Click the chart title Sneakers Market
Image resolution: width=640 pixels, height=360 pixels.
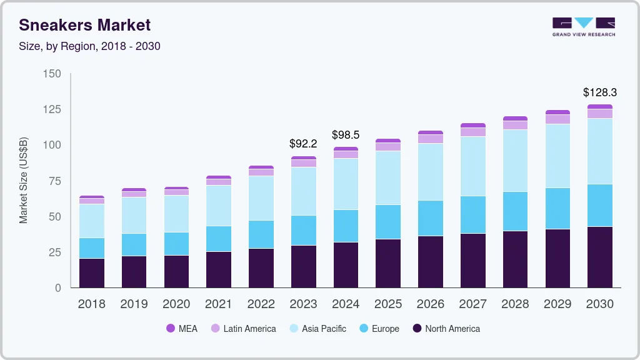[x=84, y=25]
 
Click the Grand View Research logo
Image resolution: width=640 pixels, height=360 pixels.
[x=583, y=26]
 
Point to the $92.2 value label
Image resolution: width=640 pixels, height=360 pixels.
[x=303, y=144]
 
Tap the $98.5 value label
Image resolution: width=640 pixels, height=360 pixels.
[x=346, y=135]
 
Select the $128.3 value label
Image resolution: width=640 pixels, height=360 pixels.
[x=599, y=92]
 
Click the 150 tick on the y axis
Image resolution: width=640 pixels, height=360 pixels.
[x=52, y=74]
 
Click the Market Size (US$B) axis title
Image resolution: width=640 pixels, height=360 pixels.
[x=23, y=181]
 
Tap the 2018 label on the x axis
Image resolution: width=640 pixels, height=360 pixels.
[x=91, y=304]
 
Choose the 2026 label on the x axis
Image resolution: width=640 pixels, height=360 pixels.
[x=431, y=304]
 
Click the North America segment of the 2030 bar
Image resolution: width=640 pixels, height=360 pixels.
[x=599, y=257]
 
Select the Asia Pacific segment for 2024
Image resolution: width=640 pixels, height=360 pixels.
[x=346, y=184]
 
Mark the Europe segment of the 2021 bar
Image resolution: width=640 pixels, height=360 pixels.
[x=218, y=239]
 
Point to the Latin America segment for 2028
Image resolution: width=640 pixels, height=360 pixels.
[x=515, y=125]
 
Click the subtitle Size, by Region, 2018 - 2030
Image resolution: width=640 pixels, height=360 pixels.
[x=89, y=46]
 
